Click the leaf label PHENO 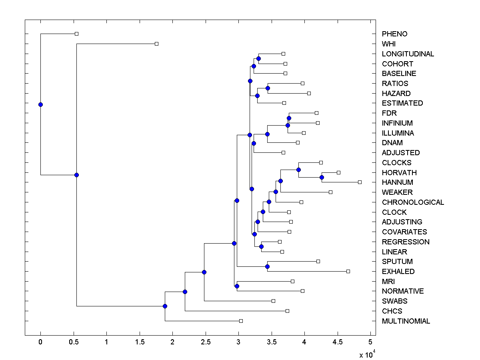coord(394,34)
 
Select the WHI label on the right coord(389,44)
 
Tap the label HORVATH coord(399,173)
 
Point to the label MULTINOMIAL coord(406,321)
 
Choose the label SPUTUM coord(397,262)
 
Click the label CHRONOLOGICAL coord(413,202)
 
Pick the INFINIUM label coord(397,123)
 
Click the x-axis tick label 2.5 coord(205,342)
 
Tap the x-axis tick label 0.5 coord(73,342)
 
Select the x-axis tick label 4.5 coord(337,342)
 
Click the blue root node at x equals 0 coord(40,105)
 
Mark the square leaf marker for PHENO coord(77,34)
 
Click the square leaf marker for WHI coord(156,44)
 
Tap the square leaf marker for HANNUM coord(360,182)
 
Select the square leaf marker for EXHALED coord(348,272)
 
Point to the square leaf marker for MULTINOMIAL coord(241,321)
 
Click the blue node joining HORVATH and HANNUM coord(322,177)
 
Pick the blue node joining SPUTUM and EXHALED coord(268,266)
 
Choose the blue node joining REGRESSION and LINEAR coord(261,246)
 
